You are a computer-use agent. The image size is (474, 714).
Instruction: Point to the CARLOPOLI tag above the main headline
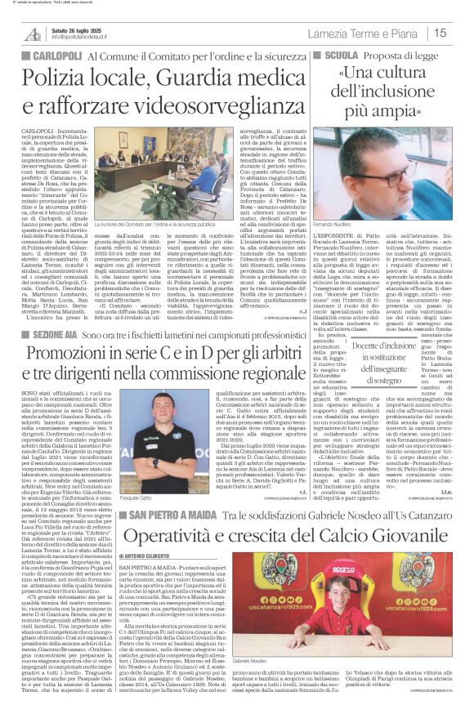coord(50,53)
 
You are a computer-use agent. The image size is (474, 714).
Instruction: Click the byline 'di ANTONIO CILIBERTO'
coord(148,558)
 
